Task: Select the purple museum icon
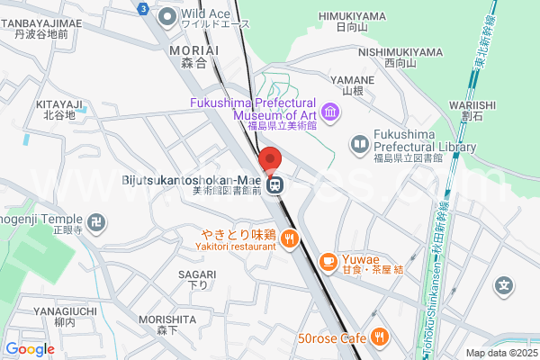click(x=330, y=112)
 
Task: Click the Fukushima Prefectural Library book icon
click(x=359, y=143)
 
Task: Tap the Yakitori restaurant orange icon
click(x=289, y=238)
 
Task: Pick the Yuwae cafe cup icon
click(x=328, y=262)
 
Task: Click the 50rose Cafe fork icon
click(x=380, y=337)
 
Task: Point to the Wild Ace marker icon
click(x=167, y=15)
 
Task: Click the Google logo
click(x=30, y=349)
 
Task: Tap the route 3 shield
click(x=143, y=8)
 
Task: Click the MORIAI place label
click(x=193, y=50)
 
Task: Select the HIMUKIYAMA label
click(x=352, y=16)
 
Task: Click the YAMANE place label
click(x=358, y=79)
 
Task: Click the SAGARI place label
click(x=197, y=274)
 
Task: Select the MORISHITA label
click(x=167, y=319)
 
